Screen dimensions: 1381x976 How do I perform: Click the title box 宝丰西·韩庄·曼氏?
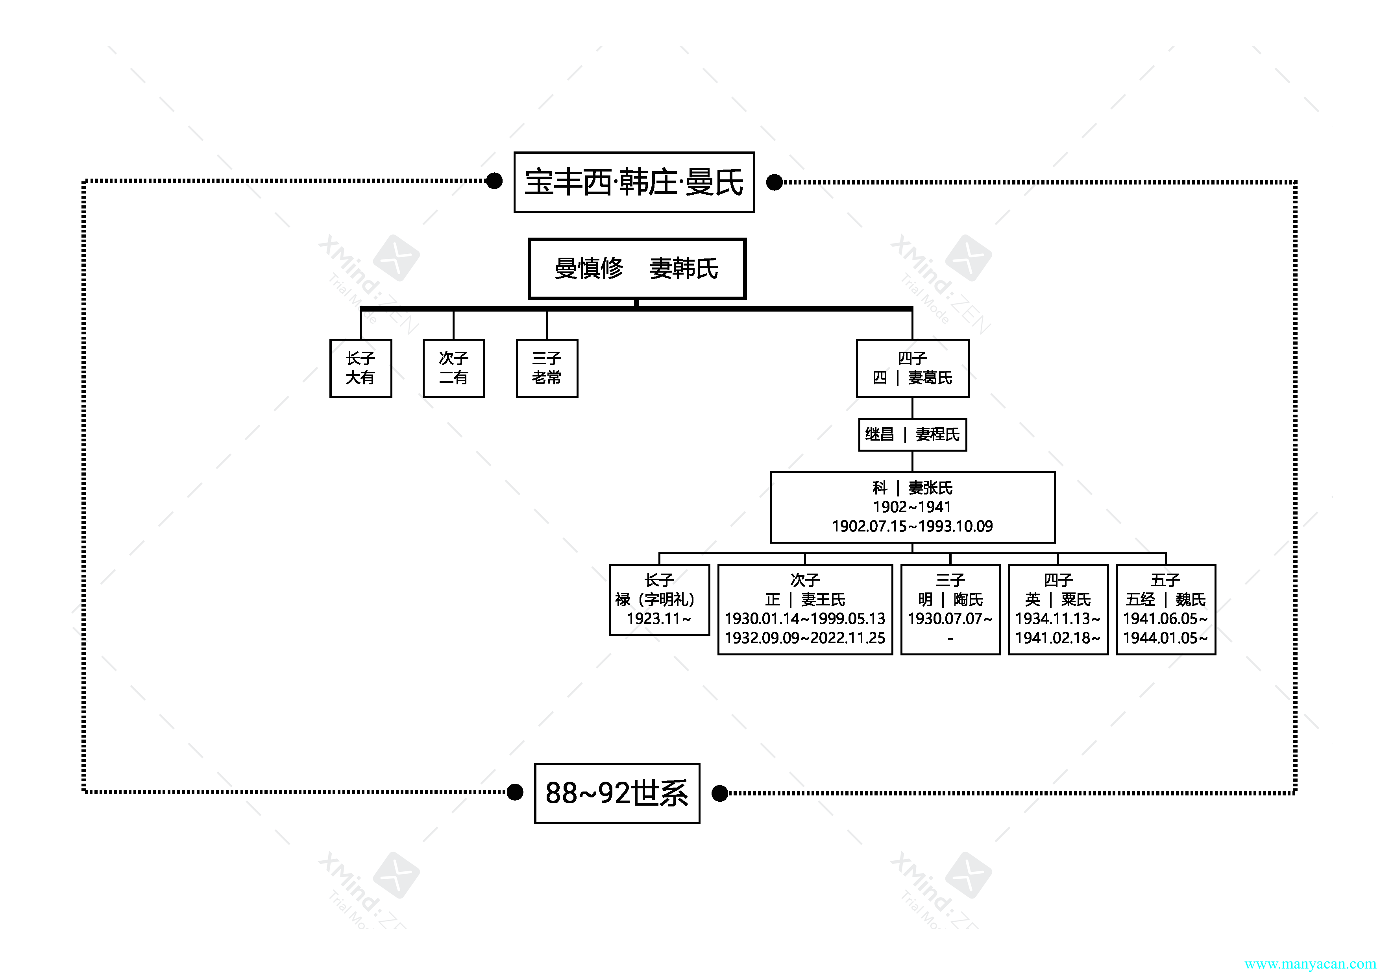click(x=634, y=182)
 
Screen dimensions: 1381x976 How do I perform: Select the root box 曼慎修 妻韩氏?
click(x=637, y=269)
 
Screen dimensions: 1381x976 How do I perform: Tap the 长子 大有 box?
click(x=361, y=368)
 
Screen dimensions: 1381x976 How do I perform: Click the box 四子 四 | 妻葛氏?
click(x=912, y=368)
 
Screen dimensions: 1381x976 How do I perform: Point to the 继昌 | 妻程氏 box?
click(x=912, y=434)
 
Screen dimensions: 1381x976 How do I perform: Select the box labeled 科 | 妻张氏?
click(x=912, y=507)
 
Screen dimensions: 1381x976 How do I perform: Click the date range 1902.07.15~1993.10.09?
click(x=912, y=526)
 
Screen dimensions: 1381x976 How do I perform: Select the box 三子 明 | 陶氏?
click(x=950, y=609)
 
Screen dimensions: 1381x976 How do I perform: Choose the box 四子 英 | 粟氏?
click(x=1058, y=609)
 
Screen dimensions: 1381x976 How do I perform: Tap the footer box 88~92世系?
click(x=617, y=793)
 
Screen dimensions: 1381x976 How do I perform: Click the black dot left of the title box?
click(x=494, y=181)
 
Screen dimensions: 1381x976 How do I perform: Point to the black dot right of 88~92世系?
click(x=719, y=793)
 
